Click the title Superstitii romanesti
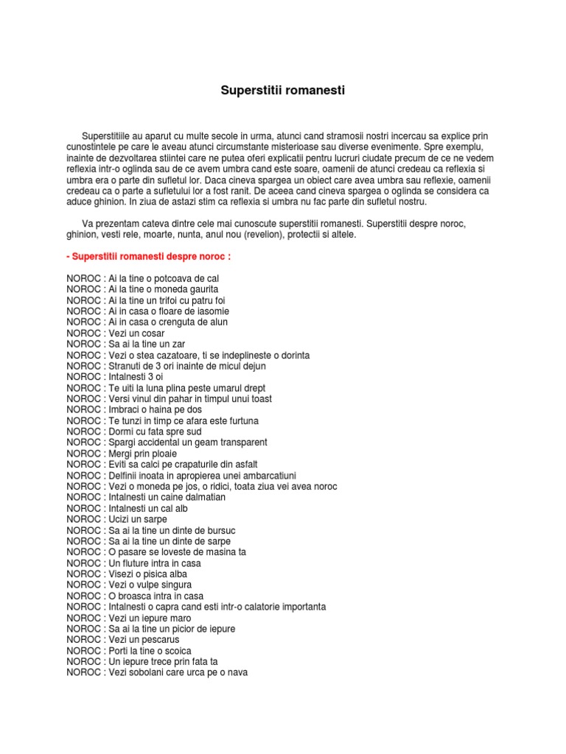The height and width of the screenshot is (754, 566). pyautogui.click(x=283, y=91)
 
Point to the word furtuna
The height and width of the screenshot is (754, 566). pyautogui.click(x=240, y=420)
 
